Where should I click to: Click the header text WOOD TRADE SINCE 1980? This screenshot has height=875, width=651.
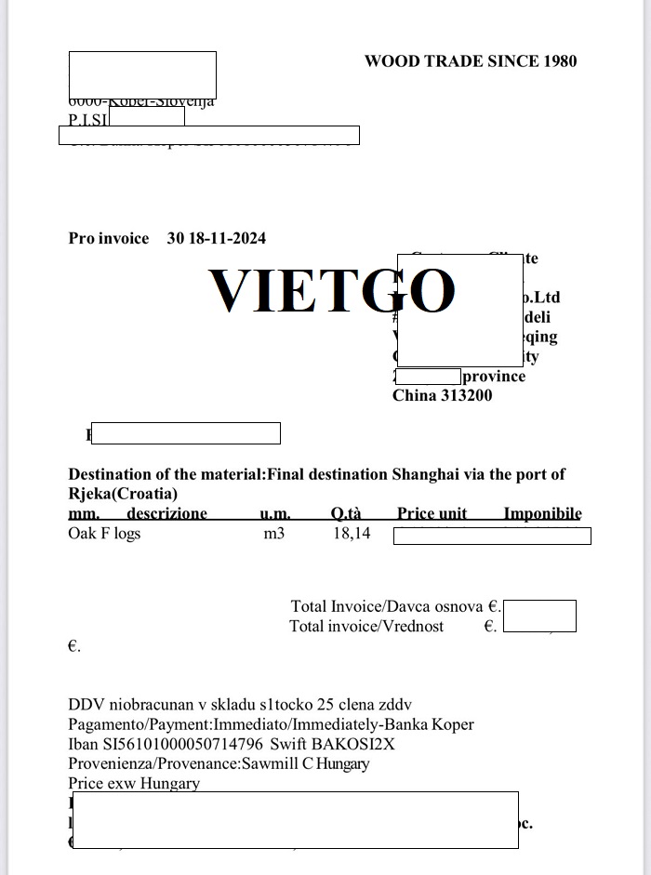(471, 61)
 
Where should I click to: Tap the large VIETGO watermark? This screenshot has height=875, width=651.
(331, 290)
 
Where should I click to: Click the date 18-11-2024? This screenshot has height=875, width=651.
(228, 238)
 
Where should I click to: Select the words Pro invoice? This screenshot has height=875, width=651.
(109, 238)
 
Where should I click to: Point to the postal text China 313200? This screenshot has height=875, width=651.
(443, 395)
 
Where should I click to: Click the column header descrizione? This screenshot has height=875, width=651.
(166, 513)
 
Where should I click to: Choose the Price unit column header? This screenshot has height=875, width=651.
(432, 513)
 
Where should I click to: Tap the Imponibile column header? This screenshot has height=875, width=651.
(542, 513)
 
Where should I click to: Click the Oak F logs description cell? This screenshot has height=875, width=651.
(104, 534)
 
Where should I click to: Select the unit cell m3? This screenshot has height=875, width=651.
(274, 534)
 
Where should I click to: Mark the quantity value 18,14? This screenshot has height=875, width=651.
(352, 534)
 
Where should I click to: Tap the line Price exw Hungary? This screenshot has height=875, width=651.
(134, 783)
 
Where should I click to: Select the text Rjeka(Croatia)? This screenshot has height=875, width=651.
(123, 494)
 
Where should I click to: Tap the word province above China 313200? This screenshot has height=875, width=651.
(494, 377)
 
